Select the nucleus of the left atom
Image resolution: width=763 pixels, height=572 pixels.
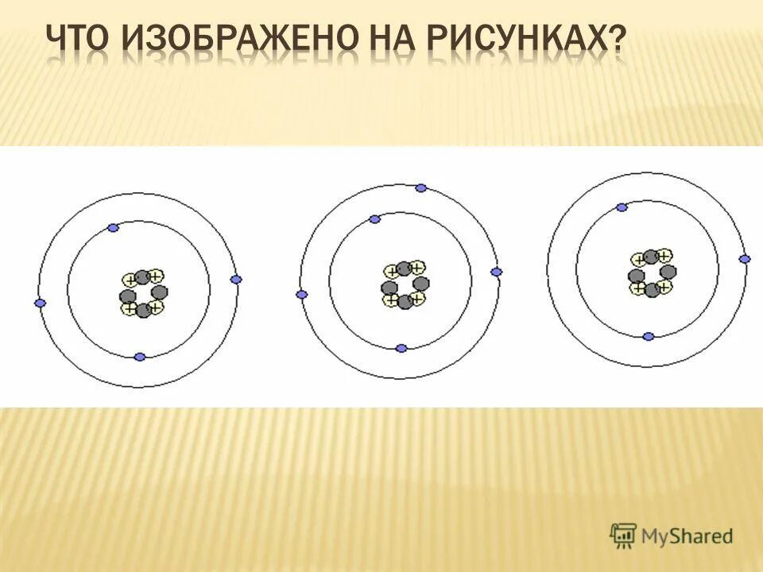click(x=141, y=293)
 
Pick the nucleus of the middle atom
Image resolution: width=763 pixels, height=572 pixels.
click(x=405, y=284)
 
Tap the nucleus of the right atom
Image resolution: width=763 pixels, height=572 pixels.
click(x=652, y=272)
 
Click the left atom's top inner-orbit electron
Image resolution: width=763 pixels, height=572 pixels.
click(x=113, y=228)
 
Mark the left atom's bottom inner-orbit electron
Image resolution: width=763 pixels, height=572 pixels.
click(x=140, y=357)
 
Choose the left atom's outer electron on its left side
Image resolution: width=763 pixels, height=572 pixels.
click(x=41, y=303)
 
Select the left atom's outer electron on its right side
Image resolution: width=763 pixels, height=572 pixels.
click(x=235, y=280)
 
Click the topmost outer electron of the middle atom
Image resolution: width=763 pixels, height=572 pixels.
click(x=421, y=188)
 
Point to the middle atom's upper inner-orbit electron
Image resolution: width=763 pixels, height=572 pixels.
click(x=374, y=219)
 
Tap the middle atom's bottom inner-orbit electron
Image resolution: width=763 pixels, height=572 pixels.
click(x=401, y=348)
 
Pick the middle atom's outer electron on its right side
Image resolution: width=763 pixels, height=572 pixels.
click(x=497, y=272)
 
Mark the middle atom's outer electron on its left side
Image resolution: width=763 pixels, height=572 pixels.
click(x=301, y=295)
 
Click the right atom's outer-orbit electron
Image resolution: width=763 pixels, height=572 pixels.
click(x=745, y=259)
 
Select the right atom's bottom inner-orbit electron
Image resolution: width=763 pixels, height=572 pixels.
click(x=649, y=337)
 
